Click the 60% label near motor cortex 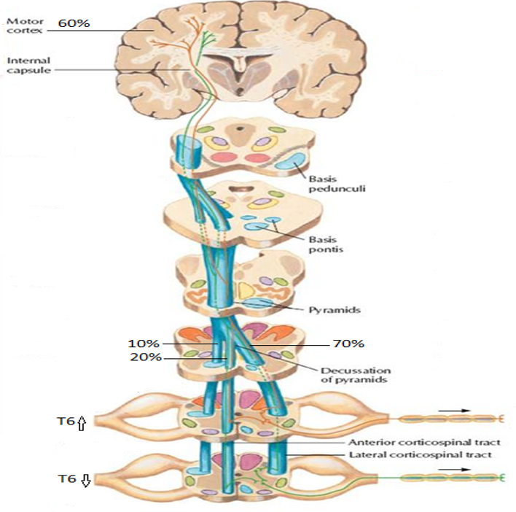[74, 23]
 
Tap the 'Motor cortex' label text [23, 27]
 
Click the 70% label [348, 343]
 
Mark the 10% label [143, 343]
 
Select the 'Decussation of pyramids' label [355, 375]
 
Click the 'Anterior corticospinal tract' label [424, 442]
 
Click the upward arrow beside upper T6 [82, 422]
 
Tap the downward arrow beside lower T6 [85, 480]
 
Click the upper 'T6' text [65, 422]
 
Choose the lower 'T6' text [68, 480]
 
